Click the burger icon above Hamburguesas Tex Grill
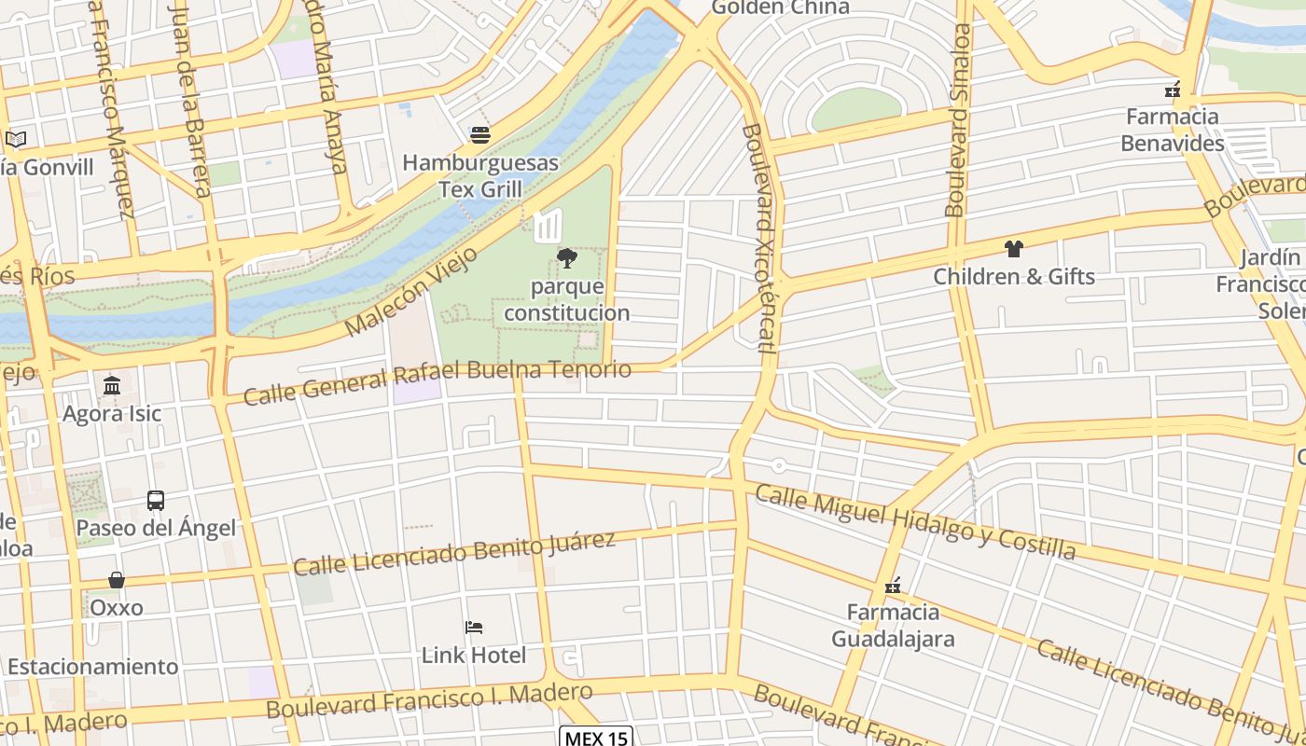pyautogui.click(x=480, y=135)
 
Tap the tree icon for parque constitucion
pyautogui.click(x=566, y=258)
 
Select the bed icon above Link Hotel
pyautogui.click(x=474, y=628)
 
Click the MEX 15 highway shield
pyautogui.click(x=596, y=738)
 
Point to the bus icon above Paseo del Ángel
pyautogui.click(x=156, y=501)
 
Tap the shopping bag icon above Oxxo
pyautogui.click(x=117, y=580)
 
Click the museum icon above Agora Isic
pyautogui.click(x=112, y=385)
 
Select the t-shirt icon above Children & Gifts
pyautogui.click(x=1014, y=249)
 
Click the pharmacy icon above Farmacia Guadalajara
pyautogui.click(x=893, y=586)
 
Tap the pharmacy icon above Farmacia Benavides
pyautogui.click(x=1173, y=90)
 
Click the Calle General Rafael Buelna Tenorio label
pyautogui.click(x=437, y=381)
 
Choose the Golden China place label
pyautogui.click(x=781, y=8)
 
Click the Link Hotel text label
pyautogui.click(x=474, y=655)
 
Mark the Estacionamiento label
pyautogui.click(x=92, y=667)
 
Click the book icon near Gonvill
pyautogui.click(x=16, y=140)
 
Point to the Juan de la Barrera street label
pyautogui.click(x=190, y=98)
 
